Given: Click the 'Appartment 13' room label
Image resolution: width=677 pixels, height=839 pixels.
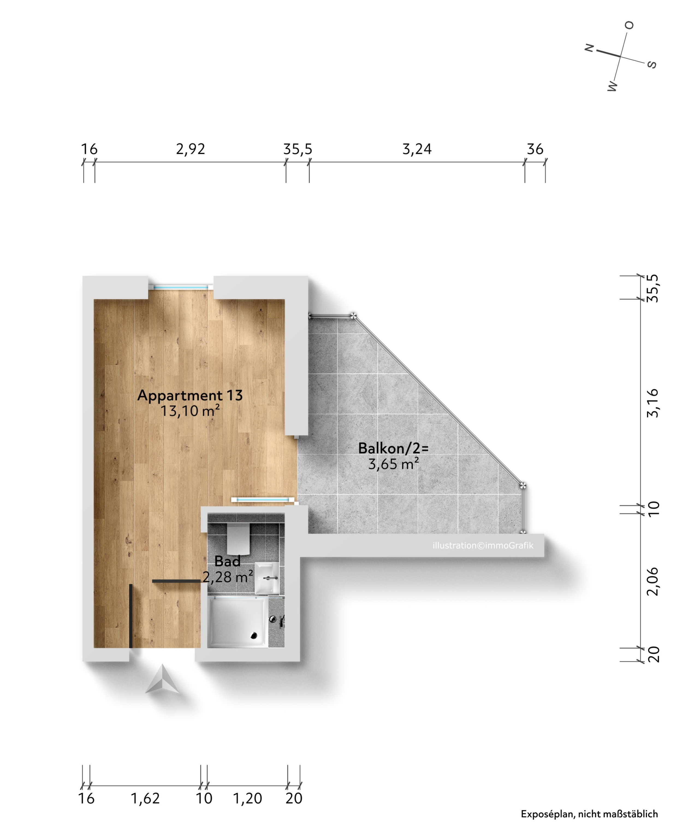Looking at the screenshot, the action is click(190, 396).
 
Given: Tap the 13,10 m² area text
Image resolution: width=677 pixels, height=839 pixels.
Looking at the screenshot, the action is click(190, 411).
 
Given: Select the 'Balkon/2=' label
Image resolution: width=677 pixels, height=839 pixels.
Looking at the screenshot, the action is click(393, 448).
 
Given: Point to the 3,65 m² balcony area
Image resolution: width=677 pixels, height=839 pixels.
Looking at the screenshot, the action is click(393, 464).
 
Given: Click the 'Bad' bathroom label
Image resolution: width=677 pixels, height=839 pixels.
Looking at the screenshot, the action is click(227, 561).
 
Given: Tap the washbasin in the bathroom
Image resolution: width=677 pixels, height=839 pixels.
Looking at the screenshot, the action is click(267, 578).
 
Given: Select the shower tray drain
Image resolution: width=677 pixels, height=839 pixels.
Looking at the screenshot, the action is click(254, 636).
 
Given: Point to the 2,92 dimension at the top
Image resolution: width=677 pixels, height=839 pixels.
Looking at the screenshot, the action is click(190, 149).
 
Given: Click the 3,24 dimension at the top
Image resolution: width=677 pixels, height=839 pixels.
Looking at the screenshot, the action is click(417, 149).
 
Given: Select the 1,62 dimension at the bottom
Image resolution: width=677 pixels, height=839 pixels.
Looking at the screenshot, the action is click(145, 798).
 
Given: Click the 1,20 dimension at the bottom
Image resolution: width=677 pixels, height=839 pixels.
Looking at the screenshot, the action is click(247, 798).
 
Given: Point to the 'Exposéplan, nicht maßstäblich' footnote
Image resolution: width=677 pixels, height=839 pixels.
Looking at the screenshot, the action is click(589, 814).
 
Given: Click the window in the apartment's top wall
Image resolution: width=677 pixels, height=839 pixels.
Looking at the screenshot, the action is click(180, 287).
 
